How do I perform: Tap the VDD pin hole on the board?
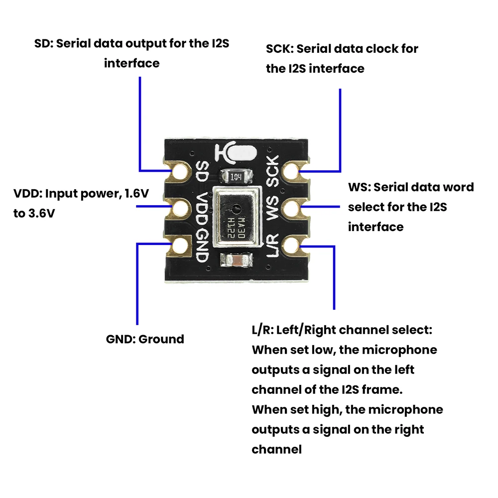[179, 207]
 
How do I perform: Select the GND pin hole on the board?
[179, 245]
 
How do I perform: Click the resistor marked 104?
[236, 176]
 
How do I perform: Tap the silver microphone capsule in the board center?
[237, 217]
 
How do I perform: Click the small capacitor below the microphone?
[237, 260]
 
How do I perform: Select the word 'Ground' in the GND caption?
[161, 340]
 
